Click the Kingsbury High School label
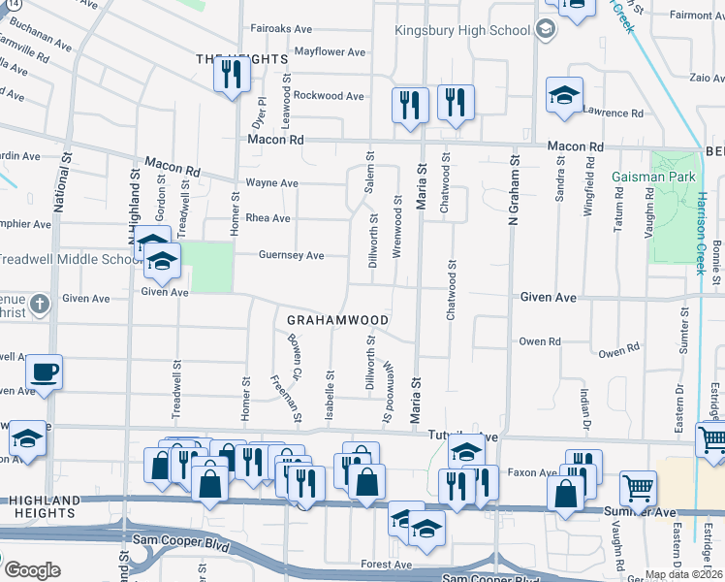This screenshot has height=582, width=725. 462,30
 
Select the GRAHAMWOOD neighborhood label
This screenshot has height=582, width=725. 338,320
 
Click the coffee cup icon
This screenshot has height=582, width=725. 45,372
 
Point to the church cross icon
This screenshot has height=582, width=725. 39,305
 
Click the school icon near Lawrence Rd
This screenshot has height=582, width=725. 564,95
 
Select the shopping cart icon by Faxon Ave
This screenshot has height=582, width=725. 638,488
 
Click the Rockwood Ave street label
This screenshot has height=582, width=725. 329,96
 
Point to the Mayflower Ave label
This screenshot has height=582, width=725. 330,51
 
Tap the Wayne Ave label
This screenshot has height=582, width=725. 270,182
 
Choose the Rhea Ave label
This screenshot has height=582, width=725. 268,218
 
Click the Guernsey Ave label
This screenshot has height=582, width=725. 291,255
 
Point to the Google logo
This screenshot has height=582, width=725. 32,570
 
